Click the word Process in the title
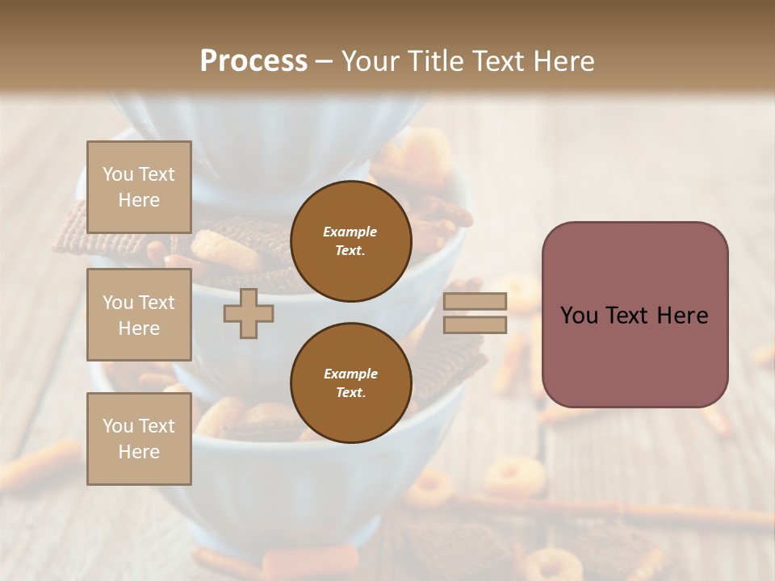(253, 61)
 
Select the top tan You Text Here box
(139, 187)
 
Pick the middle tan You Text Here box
(139, 315)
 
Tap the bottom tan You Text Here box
(139, 439)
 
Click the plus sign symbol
(248, 314)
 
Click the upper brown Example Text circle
(350, 241)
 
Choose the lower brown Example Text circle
(350, 383)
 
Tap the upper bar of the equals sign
(475, 302)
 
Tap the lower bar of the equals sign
(475, 325)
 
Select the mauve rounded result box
(635, 315)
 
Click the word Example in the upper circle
(350, 232)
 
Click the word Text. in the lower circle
(350, 393)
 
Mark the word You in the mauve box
(579, 316)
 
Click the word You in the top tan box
(117, 174)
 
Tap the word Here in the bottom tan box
(139, 452)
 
